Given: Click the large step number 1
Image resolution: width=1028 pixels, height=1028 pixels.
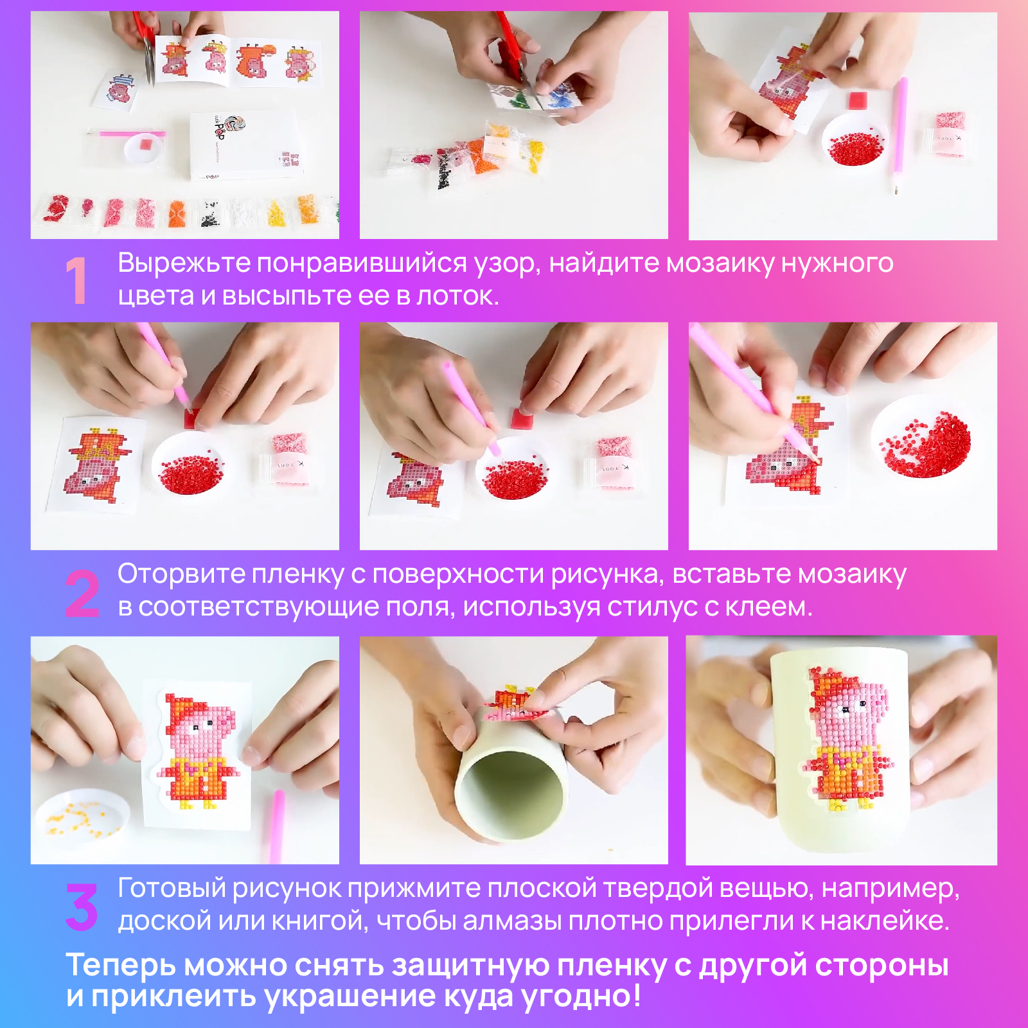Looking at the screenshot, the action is click(x=76, y=280).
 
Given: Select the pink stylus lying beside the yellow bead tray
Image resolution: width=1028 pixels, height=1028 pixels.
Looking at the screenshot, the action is click(x=276, y=826).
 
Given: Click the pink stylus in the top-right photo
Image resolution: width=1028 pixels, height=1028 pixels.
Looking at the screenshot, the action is click(x=899, y=135).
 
